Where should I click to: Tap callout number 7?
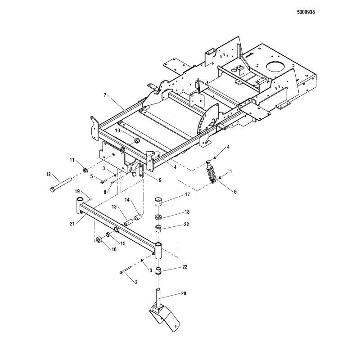point(105,95)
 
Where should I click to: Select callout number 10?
point(117,130)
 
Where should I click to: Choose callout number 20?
point(184,294)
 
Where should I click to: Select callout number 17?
point(187,194)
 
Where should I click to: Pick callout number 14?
point(127,199)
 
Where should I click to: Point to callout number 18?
point(187,211)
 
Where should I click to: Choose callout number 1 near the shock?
point(231,171)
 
